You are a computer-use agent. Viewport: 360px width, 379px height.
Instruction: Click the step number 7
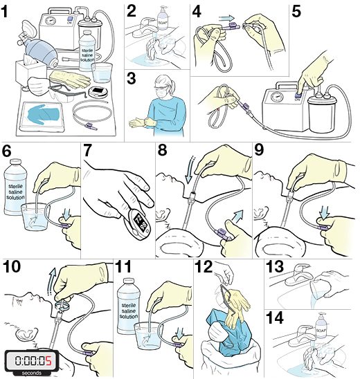89,151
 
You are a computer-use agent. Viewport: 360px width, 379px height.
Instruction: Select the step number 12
205,266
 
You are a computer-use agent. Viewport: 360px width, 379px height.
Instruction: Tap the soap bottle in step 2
163,19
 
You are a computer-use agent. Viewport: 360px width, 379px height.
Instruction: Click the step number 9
260,151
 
